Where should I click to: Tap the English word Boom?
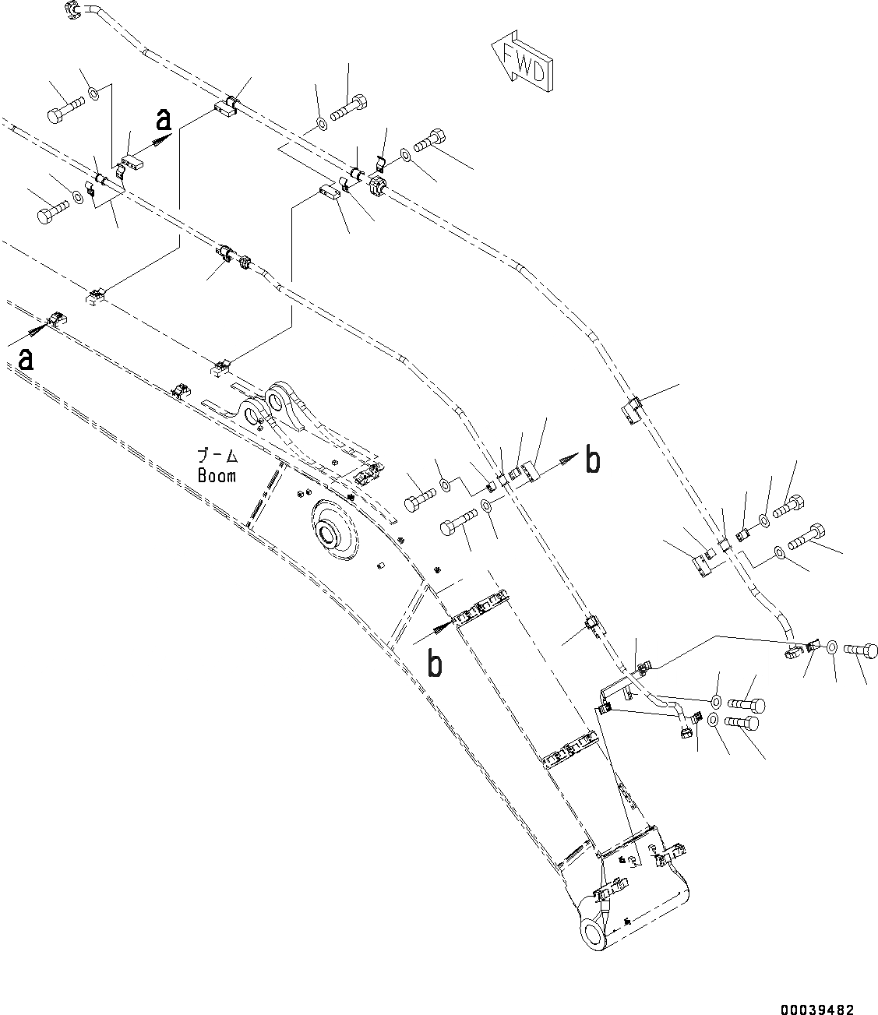click(217, 475)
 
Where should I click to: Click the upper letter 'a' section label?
click(163, 119)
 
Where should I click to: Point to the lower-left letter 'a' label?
click(26, 359)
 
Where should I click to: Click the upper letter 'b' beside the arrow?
click(593, 461)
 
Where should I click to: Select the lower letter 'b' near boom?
click(434, 664)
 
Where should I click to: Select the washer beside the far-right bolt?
click(831, 647)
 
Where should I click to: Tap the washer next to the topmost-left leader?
click(93, 94)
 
